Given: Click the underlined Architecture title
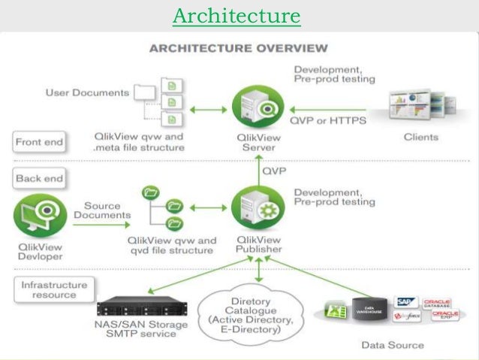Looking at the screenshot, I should (236, 16).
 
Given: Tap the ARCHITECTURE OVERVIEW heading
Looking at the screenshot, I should (239, 49).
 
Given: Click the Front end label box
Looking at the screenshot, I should (39, 141).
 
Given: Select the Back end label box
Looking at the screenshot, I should (38, 180).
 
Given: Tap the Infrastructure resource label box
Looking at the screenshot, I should (53, 290).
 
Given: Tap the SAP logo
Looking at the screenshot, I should (408, 302).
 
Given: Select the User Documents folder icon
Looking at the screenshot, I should (145, 92).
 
